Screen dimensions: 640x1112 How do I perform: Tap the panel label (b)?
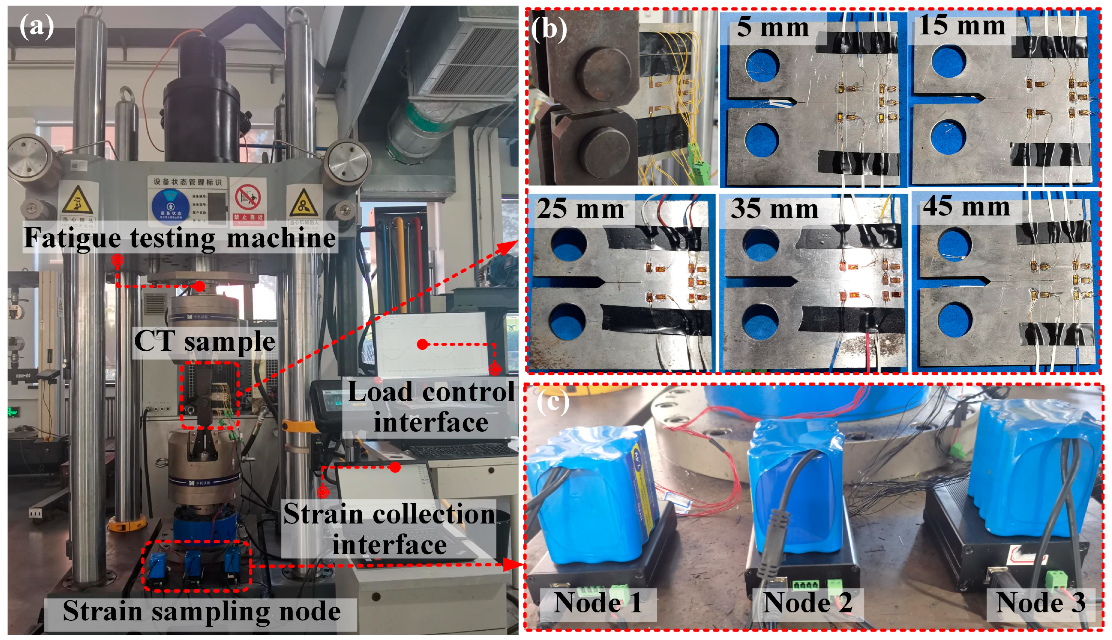(x=548, y=30)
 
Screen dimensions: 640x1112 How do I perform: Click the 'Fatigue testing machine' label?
(x=180, y=238)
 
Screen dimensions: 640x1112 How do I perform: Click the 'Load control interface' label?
(x=431, y=407)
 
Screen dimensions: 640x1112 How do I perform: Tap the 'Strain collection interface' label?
(x=389, y=529)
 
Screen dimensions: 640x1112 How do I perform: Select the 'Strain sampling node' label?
(x=201, y=611)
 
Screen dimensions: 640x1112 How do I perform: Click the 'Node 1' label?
(x=598, y=603)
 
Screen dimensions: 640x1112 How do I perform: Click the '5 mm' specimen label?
(x=772, y=27)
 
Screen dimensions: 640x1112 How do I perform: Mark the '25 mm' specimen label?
(x=581, y=209)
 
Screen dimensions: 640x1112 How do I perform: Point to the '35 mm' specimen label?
(x=774, y=209)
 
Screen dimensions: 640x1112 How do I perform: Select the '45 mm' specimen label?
(x=966, y=207)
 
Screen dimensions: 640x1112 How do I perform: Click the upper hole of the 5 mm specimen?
(x=763, y=66)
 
